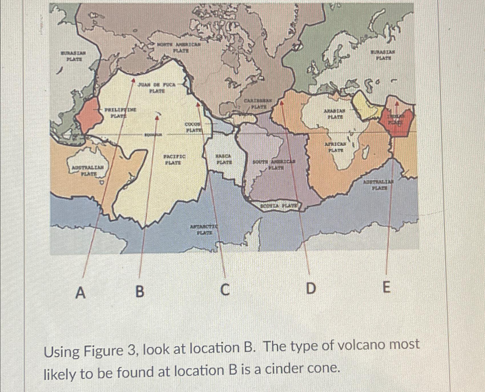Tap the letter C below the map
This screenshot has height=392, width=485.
(225, 290)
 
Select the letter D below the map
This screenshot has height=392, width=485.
(311, 288)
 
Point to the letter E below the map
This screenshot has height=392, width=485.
(386, 287)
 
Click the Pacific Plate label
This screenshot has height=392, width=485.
(174, 159)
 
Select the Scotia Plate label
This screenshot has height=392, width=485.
(278, 205)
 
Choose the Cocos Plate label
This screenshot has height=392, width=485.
(194, 127)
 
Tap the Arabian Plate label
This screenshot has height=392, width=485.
(334, 113)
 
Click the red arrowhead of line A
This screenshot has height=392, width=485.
(133, 80)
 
